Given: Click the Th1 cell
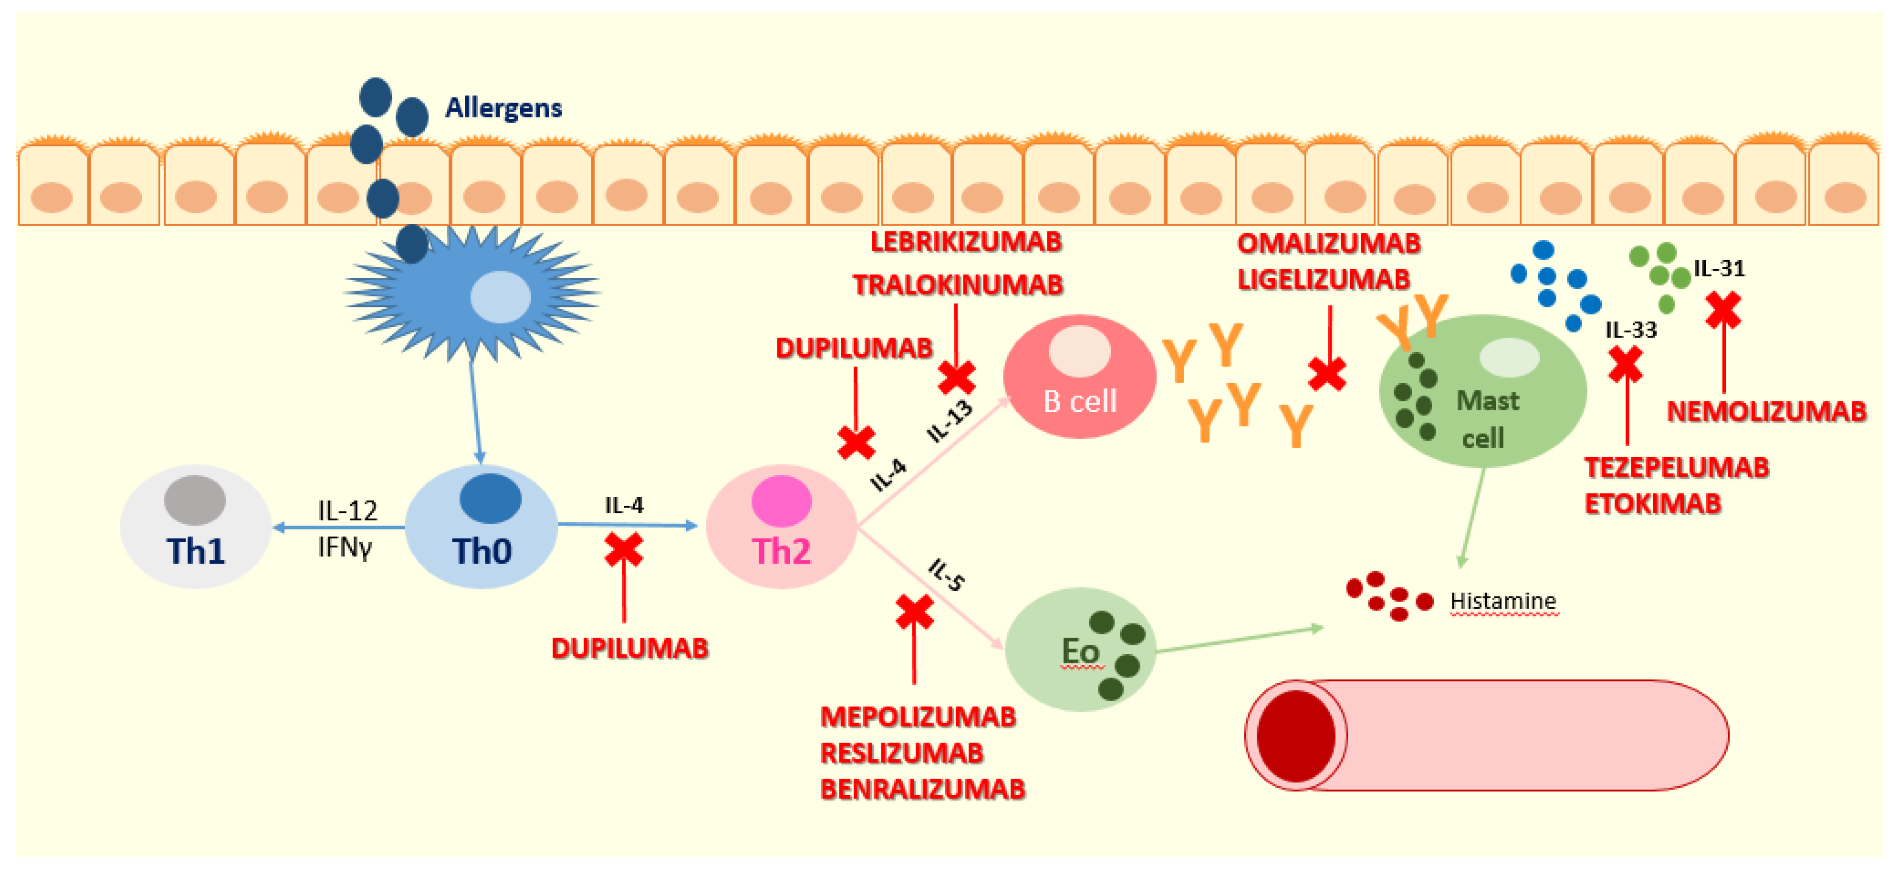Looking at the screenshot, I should pos(196,527).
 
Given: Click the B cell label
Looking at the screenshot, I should pos(1080,402).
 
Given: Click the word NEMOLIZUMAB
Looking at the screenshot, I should pos(1766,411).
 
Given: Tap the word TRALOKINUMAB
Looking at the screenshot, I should pos(957,285).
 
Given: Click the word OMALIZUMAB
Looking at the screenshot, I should pos(1328,243).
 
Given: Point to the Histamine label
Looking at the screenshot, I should pos(1503,601).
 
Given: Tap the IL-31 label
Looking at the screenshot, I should pos(1719,269).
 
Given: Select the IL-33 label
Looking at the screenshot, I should pos(1631,330).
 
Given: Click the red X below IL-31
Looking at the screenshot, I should pos(1723,310).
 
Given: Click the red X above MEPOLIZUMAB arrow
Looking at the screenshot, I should pos(914,612).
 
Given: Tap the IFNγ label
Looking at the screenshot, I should pos(345,547).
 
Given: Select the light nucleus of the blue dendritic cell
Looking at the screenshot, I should pos(500,296).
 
